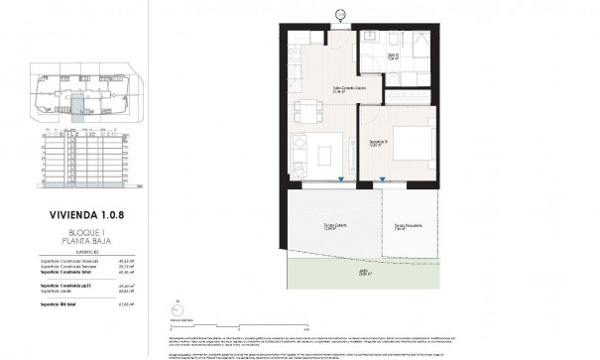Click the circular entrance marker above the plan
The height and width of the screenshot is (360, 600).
point(341,14)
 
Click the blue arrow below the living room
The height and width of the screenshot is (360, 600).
point(341,180)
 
